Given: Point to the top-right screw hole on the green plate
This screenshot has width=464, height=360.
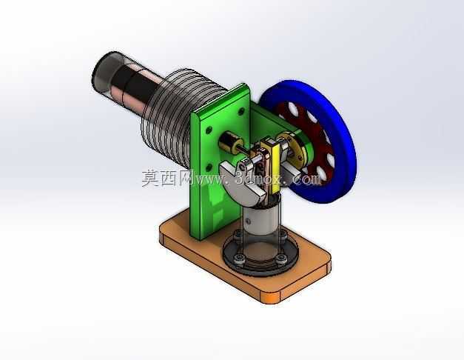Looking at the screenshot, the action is (241, 112).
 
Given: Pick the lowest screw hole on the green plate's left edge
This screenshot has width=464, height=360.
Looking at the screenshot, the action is (209, 167).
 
